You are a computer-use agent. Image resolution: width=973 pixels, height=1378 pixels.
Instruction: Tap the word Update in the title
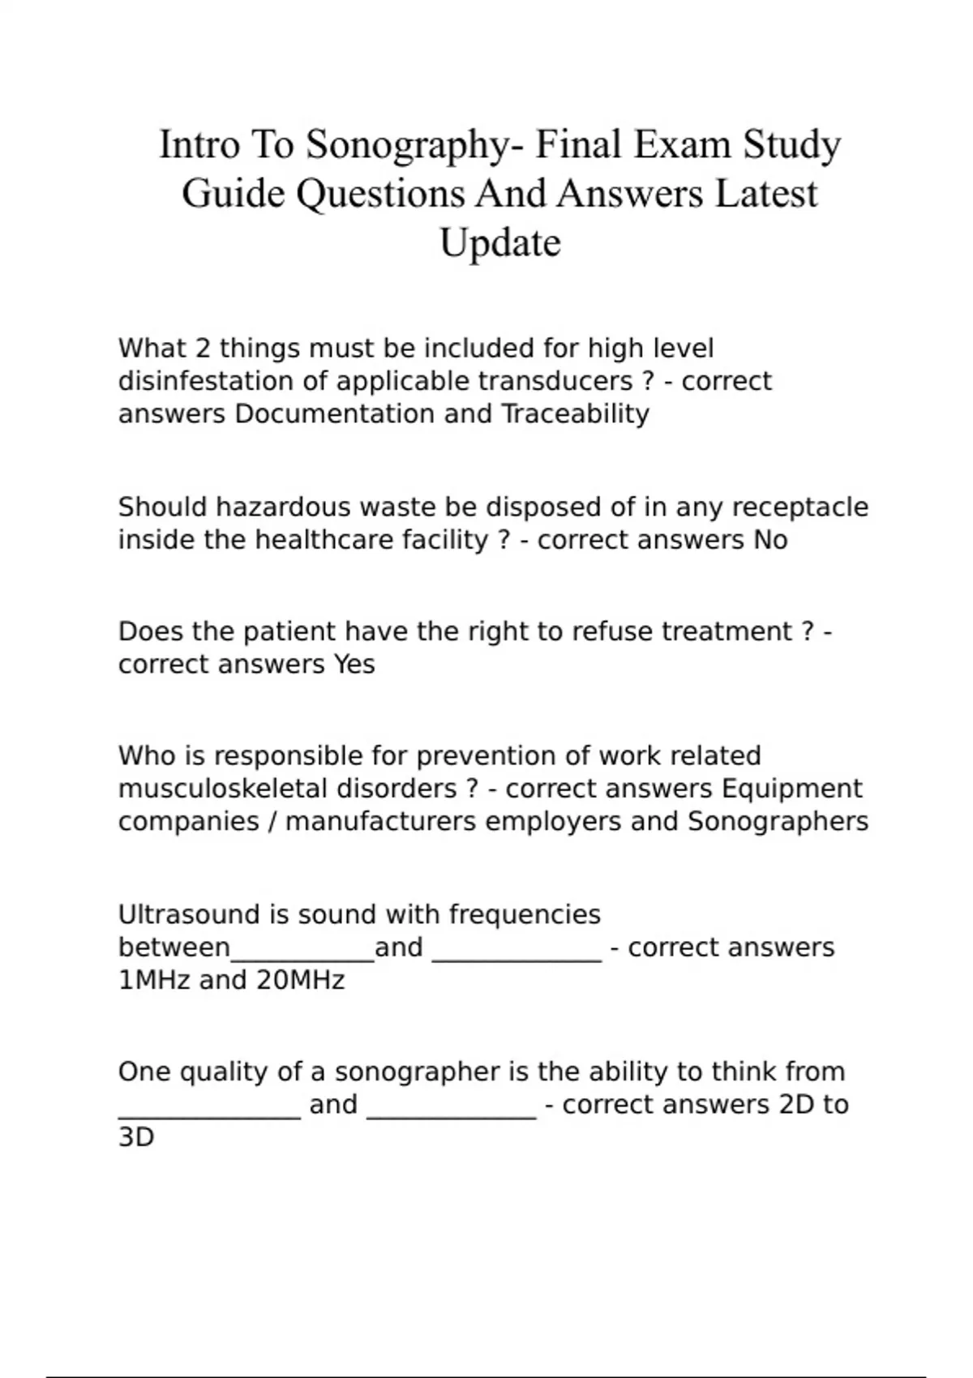pyautogui.click(x=500, y=242)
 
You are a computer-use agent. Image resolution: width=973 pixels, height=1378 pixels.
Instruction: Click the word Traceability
pyautogui.click(x=575, y=413)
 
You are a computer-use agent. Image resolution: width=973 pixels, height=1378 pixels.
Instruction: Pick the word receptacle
pyautogui.click(x=799, y=507)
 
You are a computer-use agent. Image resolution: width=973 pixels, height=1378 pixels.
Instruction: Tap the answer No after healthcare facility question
pyautogui.click(x=770, y=540)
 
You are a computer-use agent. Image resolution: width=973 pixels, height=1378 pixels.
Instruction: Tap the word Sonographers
pyautogui.click(x=778, y=821)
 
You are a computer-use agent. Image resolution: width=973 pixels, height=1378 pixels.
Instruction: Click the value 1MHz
pyautogui.click(x=154, y=980)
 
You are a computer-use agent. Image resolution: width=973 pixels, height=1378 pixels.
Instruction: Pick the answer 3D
pyautogui.click(x=136, y=1137)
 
